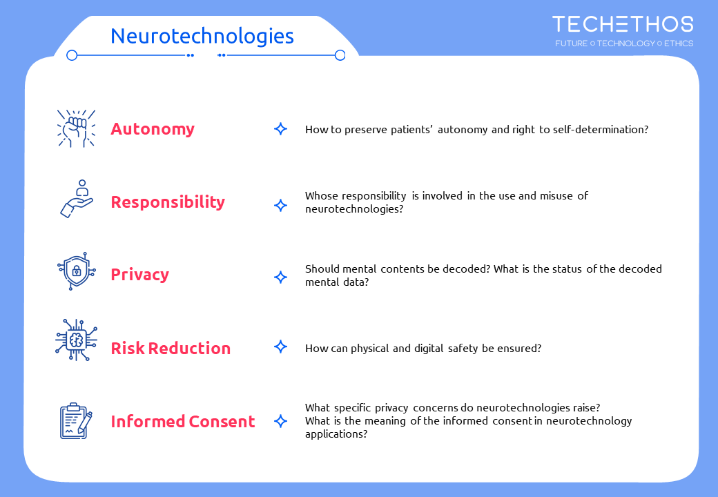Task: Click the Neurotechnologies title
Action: [202, 37]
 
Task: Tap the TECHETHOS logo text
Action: [623, 24]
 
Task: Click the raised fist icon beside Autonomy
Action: [76, 128]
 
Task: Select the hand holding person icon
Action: [77, 199]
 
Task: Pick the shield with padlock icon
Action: [77, 271]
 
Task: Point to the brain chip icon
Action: [76, 340]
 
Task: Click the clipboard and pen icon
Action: [76, 420]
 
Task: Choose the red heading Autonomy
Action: [153, 130]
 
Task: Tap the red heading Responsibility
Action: [168, 202]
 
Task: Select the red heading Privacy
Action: [139, 275]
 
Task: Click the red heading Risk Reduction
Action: [171, 349]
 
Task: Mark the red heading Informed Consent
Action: [183, 422]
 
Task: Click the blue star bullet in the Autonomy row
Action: [281, 129]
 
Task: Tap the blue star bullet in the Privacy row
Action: [281, 277]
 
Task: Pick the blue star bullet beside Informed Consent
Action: [281, 421]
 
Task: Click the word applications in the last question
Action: [336, 434]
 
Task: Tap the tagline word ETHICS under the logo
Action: [679, 43]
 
